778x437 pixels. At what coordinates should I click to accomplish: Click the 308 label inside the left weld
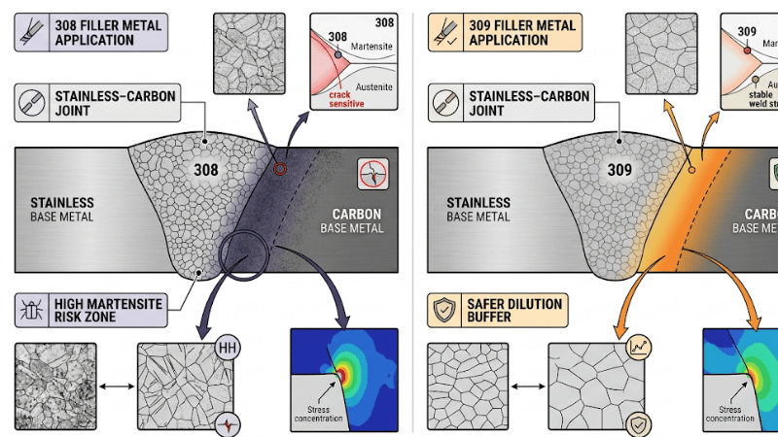point(205,170)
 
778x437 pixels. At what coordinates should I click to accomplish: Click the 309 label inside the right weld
point(620,170)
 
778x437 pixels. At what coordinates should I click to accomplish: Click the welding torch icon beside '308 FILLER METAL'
point(30,33)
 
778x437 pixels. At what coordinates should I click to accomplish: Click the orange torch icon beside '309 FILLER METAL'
point(444,33)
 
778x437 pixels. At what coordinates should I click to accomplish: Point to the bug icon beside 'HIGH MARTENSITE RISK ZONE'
point(30,311)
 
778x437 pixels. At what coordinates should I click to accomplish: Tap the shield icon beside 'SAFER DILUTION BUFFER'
point(444,311)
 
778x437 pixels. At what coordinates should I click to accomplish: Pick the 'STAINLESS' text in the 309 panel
point(478,202)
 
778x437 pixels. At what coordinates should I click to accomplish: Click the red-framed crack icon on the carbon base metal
point(372,173)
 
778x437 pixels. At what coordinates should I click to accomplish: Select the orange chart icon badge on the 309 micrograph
point(640,347)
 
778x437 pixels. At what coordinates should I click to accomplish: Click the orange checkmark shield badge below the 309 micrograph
point(640,423)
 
